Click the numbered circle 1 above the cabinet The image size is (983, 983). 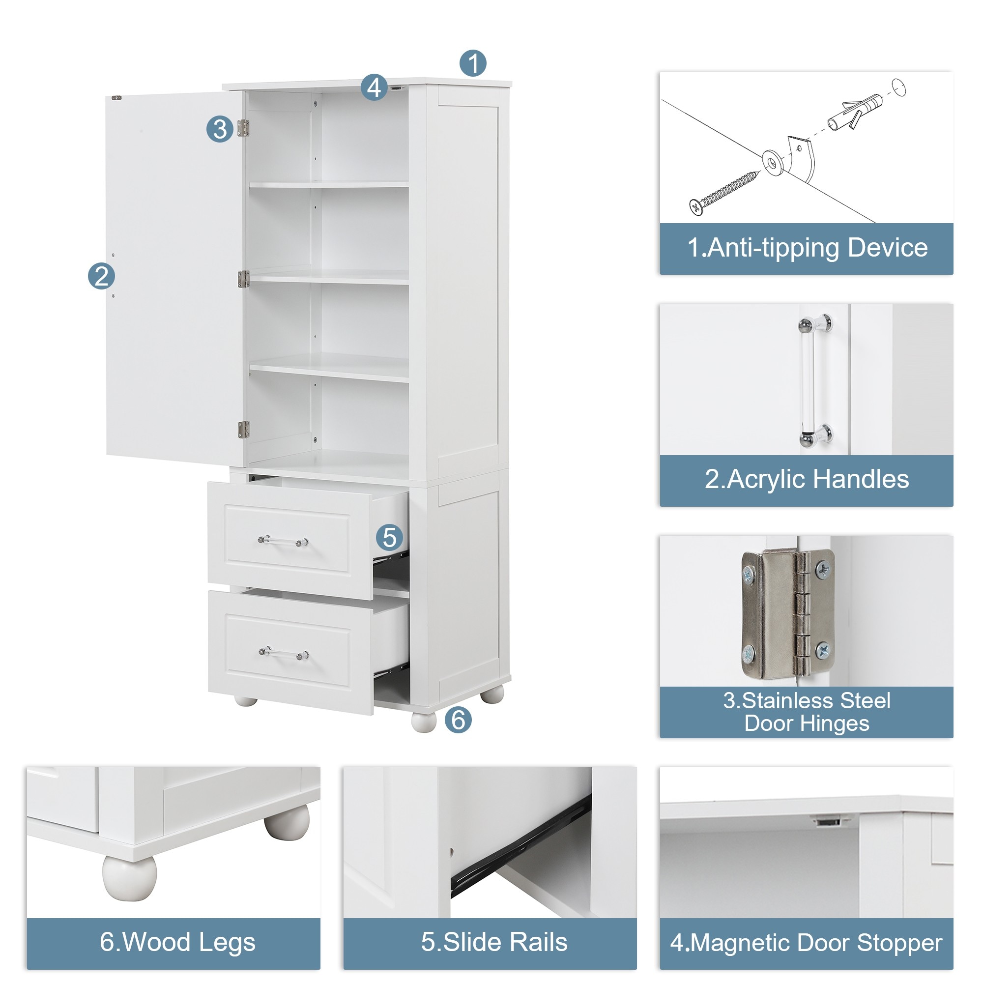pos(473,63)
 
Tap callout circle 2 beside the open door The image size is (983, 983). pos(101,276)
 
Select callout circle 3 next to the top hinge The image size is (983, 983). pos(220,129)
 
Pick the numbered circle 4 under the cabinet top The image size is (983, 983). pos(374,87)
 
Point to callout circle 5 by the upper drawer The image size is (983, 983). pos(389,537)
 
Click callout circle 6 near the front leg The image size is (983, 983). pos(458,720)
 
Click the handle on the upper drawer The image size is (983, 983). pos(283,541)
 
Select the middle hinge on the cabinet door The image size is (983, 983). pos(244,279)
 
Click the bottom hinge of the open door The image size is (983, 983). pos(244,429)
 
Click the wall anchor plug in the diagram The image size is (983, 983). pos(855,112)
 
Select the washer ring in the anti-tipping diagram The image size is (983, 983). pos(772,162)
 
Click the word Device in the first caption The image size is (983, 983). pos(887,248)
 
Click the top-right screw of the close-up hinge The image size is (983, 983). pos(823,569)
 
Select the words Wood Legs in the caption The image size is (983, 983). pos(189,942)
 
